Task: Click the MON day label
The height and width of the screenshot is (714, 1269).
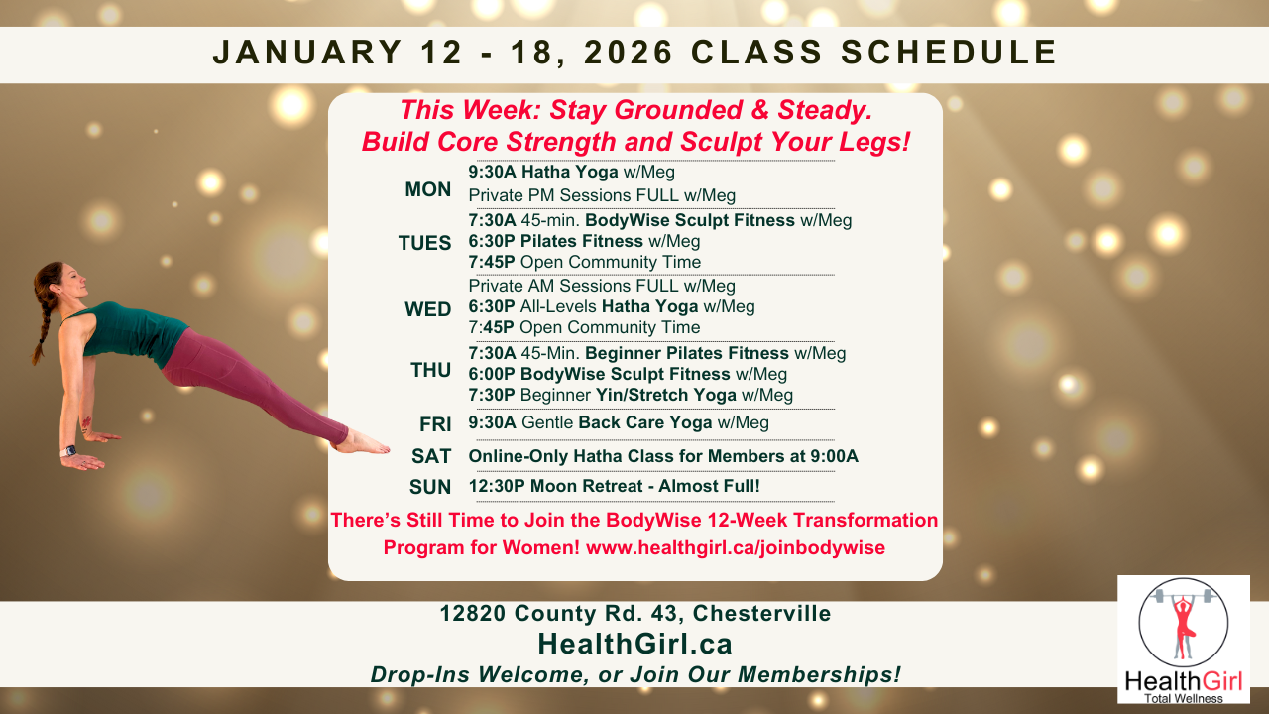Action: [428, 189]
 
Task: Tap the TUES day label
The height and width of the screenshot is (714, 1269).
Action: [424, 242]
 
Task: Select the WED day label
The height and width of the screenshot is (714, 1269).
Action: [428, 309]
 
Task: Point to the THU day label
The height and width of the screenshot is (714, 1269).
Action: [431, 371]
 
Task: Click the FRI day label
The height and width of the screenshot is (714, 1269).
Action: [435, 424]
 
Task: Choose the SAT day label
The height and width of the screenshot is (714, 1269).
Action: [432, 457]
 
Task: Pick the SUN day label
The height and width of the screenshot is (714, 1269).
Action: [430, 487]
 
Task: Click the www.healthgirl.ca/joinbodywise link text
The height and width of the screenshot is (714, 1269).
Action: [736, 547]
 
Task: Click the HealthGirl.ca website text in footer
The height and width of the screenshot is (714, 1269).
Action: [634, 645]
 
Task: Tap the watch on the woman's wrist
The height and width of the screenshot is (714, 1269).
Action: [68, 451]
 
